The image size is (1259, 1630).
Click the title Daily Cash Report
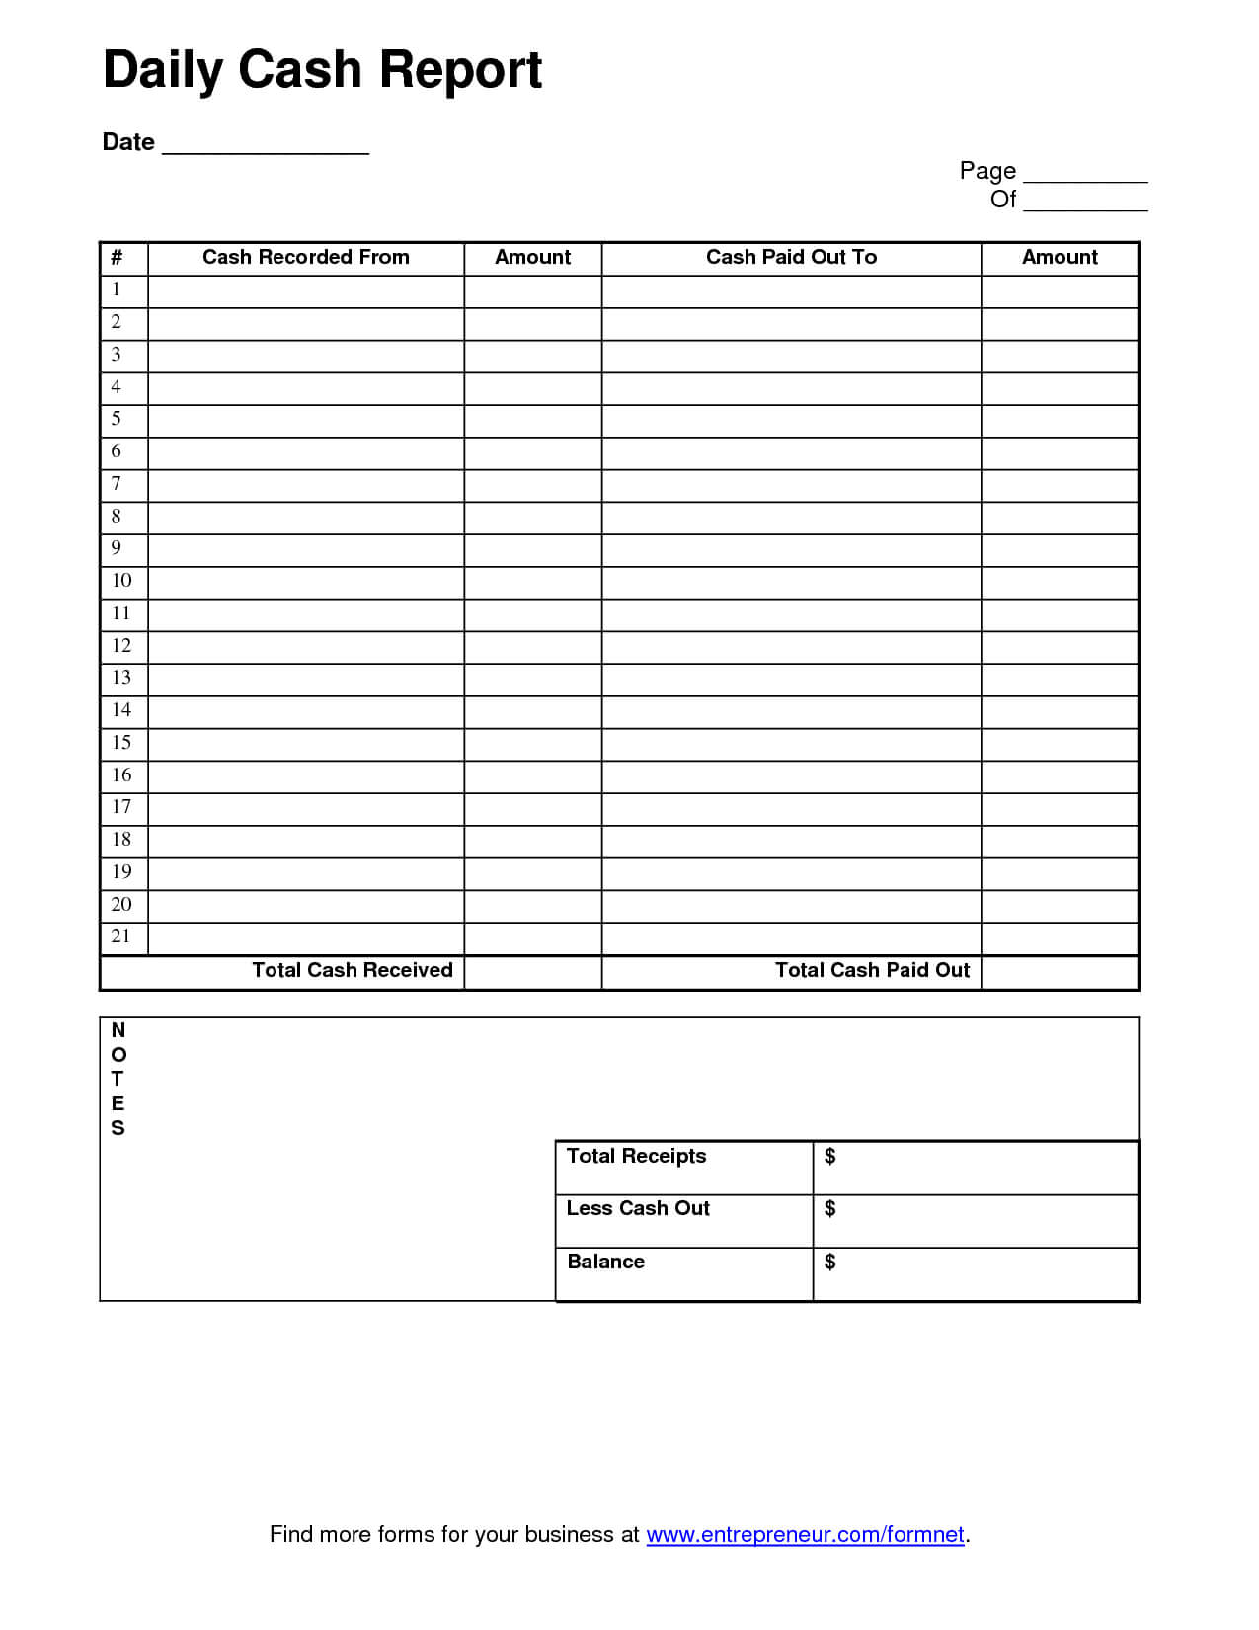pos(322,70)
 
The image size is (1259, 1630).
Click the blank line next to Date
pos(265,144)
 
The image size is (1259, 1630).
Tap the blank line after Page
pos(1084,173)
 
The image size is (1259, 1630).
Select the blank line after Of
pos(1084,202)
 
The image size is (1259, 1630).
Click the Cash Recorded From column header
pos(305,258)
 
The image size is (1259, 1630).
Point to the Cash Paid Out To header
pos(791,258)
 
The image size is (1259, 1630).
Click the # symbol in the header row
pos(117,258)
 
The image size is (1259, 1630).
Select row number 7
pos(117,484)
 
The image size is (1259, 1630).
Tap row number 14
pos(121,710)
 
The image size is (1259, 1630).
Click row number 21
pos(121,937)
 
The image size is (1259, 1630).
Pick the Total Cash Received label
pos(352,971)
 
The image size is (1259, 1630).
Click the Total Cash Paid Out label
pos(872,971)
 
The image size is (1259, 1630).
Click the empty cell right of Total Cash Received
pos(532,972)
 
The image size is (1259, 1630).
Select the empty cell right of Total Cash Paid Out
pos(1060,972)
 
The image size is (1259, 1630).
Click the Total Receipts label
pos(636,1157)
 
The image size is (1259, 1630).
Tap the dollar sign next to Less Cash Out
pos(829,1209)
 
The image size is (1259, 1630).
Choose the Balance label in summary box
pos(605,1263)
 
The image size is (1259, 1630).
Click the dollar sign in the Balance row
pos(829,1263)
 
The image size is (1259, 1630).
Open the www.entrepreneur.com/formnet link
pos(805,1535)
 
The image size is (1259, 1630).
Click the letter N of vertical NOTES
pos(118,1030)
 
